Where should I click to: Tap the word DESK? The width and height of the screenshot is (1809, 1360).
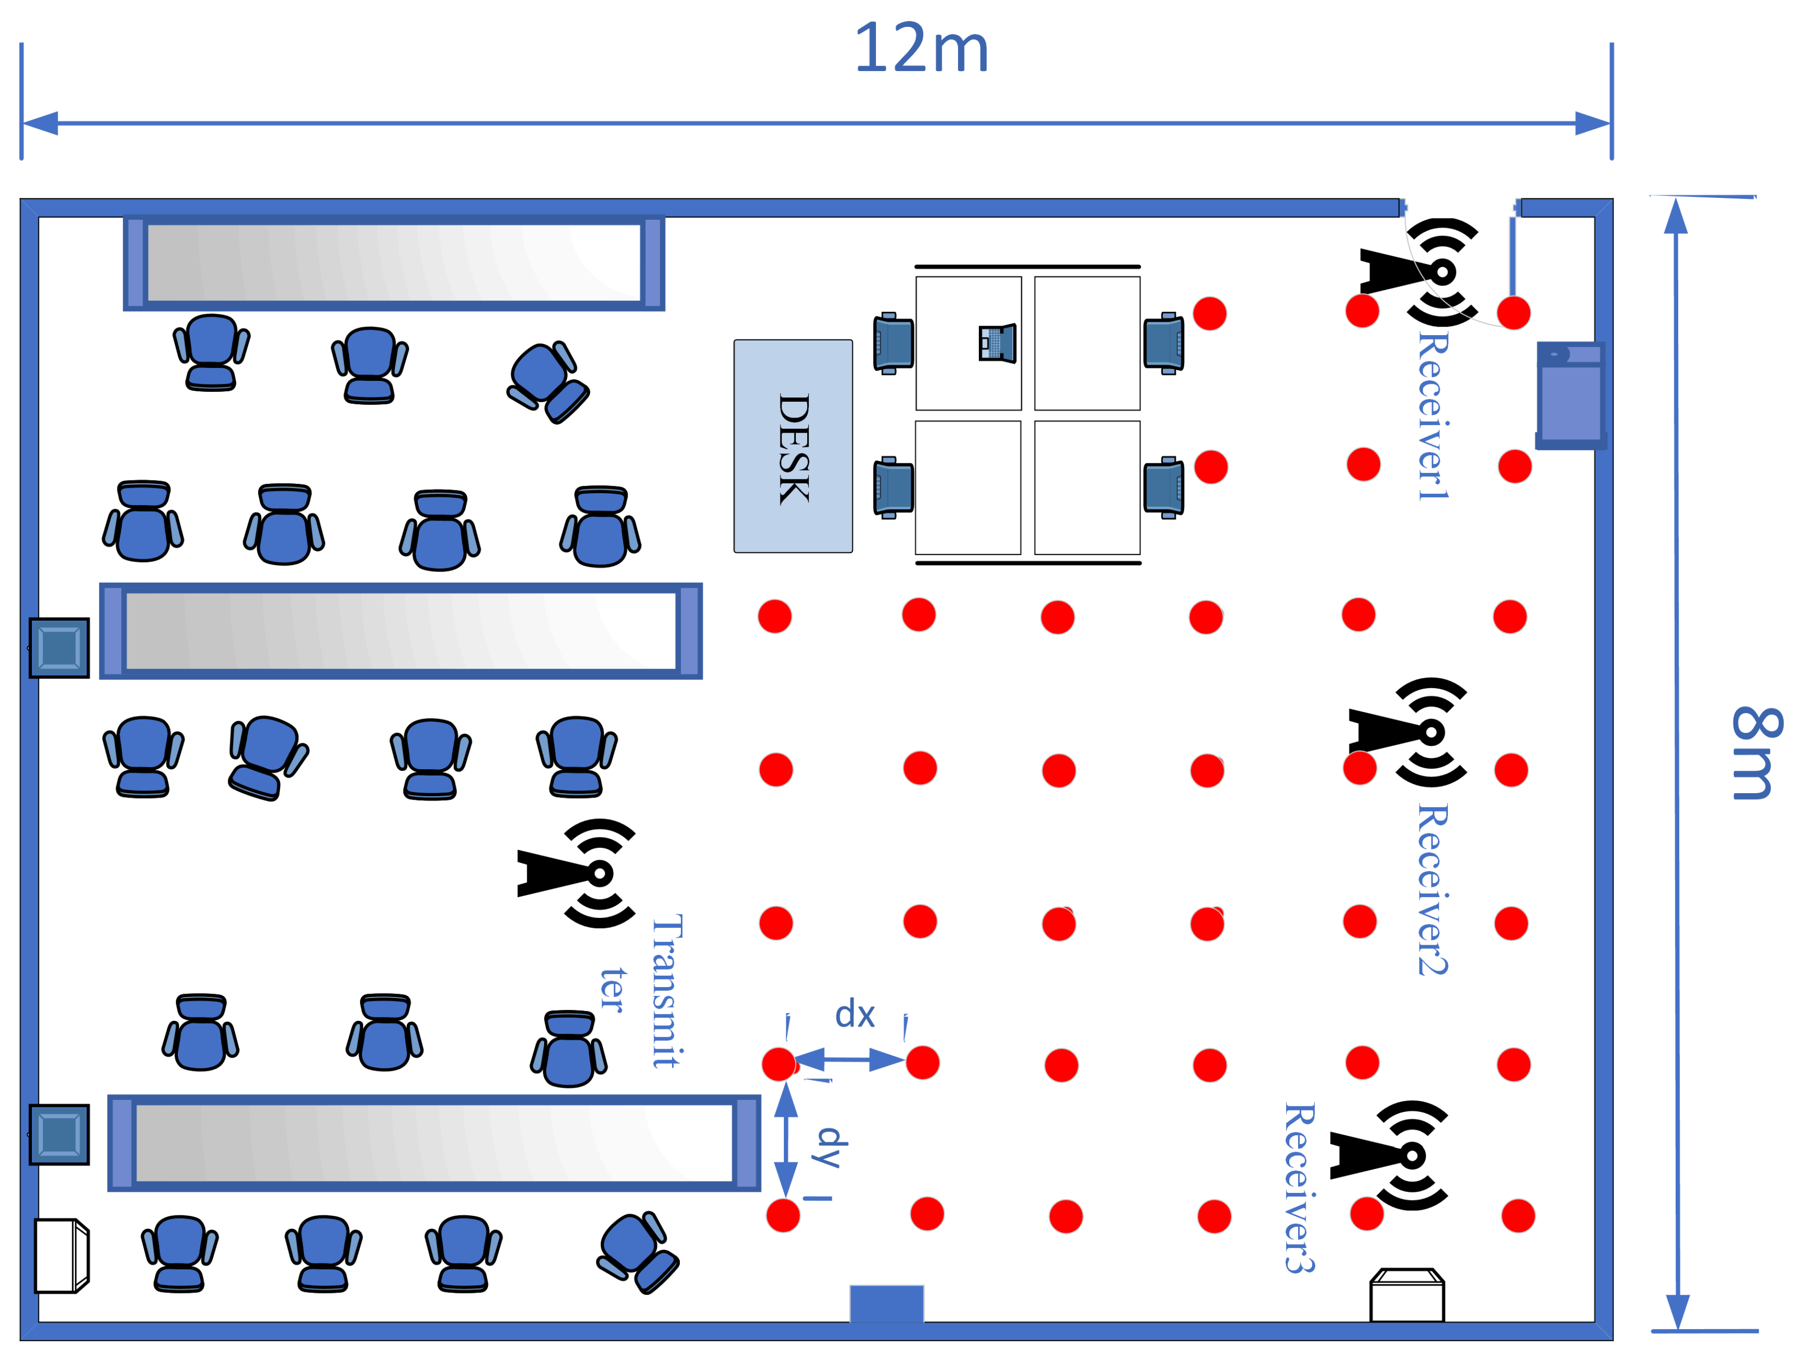click(x=793, y=448)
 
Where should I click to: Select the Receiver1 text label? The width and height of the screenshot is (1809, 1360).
click(x=1433, y=415)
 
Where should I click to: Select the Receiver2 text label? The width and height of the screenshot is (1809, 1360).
click(x=1433, y=889)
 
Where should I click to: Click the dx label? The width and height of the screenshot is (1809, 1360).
click(x=855, y=1014)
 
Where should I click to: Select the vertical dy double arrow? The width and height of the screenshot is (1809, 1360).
click(x=786, y=1140)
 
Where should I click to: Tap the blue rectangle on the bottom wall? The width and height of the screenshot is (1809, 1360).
click(x=886, y=1304)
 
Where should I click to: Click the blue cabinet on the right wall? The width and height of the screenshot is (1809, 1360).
click(x=1570, y=395)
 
